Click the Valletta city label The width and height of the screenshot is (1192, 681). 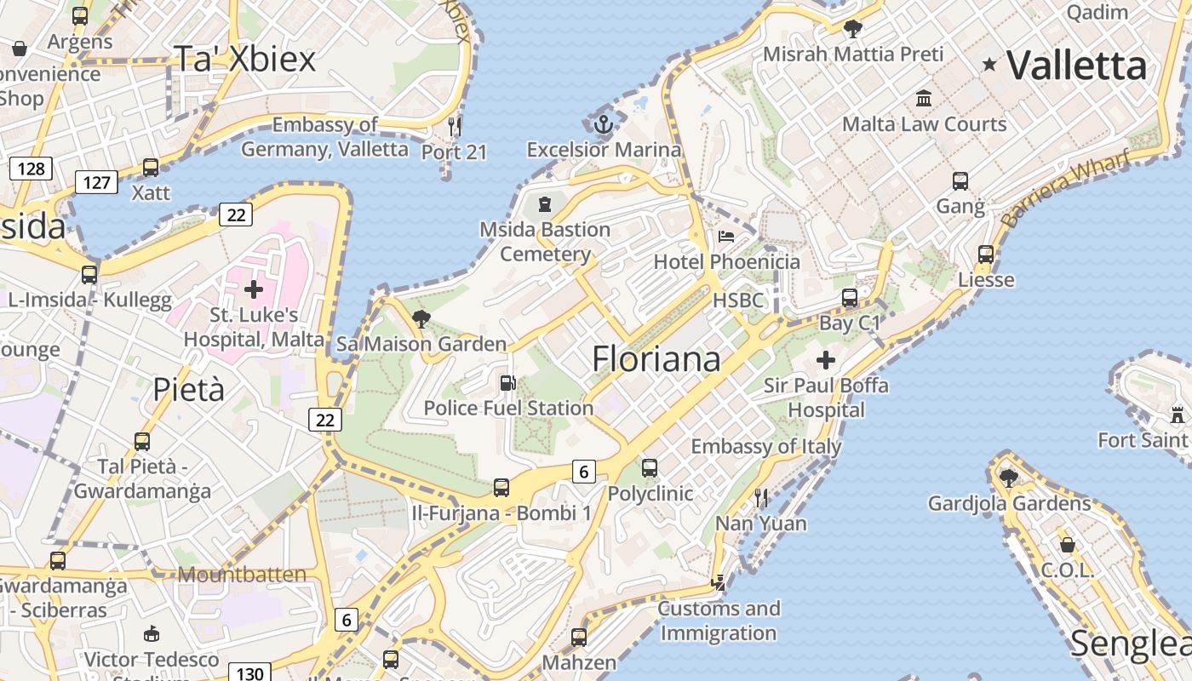(1077, 66)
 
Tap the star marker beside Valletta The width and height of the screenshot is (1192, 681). (989, 64)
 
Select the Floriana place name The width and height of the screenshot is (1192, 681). (656, 358)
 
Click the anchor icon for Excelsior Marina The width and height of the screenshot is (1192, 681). (604, 124)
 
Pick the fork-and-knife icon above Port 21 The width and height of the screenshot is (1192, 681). (455, 127)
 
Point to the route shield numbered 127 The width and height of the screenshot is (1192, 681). (96, 182)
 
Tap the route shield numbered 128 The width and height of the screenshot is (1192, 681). (31, 169)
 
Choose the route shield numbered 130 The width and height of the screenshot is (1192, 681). (249, 673)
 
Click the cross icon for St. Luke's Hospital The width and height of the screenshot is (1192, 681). (254, 289)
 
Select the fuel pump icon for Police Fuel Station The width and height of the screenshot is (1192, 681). (507, 383)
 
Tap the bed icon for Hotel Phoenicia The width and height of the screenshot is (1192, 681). (725, 236)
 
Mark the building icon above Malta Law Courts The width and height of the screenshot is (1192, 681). (924, 99)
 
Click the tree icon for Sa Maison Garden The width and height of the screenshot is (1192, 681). (421, 319)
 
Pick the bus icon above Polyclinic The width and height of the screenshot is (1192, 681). (650, 467)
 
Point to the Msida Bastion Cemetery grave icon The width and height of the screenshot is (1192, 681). (545, 204)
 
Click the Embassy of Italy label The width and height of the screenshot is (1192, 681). (765, 446)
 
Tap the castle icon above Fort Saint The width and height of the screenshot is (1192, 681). (1178, 415)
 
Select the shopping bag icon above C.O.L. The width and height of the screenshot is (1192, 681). (1067, 545)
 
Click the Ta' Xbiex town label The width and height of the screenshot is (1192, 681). (244, 58)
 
